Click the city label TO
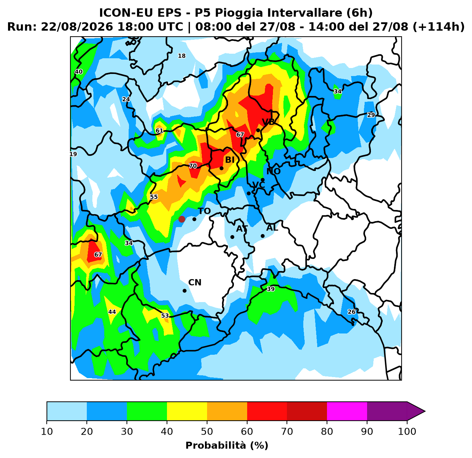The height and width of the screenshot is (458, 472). coord(204,211)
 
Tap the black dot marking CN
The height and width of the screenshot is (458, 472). coord(184,291)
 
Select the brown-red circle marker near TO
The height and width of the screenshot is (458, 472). coord(182,219)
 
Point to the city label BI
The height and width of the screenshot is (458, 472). coord(230,160)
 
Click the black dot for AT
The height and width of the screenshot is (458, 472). coord(232,237)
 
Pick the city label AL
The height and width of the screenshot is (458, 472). coord(272,228)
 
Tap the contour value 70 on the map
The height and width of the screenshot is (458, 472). coord(193,166)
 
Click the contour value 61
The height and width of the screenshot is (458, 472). coord(159,131)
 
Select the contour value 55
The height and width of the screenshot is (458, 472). coord(154,197)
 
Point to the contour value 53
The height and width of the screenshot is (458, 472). coord(165,316)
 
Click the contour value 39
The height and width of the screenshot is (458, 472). coord(271,289)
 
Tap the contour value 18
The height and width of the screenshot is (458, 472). coord(182,56)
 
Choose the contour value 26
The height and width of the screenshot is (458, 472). coord(351,312)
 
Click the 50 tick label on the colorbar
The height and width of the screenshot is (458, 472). coord(207,431)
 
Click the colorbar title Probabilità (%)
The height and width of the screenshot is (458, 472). coord(227,445)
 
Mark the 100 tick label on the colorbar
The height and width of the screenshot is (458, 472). coord(407,431)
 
